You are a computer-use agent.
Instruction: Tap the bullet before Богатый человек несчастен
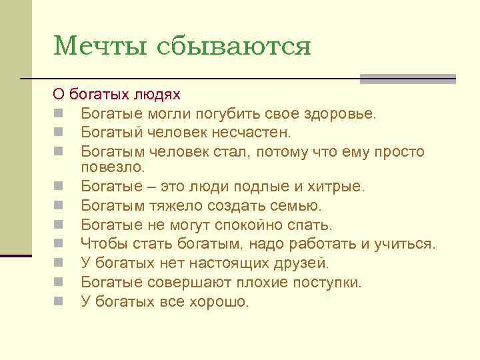pyautogui.click(x=59, y=133)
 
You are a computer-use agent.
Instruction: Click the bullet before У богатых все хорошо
pyautogui.click(x=59, y=301)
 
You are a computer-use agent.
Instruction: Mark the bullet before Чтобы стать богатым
pyautogui.click(x=59, y=244)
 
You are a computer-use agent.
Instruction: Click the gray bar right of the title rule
pyautogui.click(x=408, y=79)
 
